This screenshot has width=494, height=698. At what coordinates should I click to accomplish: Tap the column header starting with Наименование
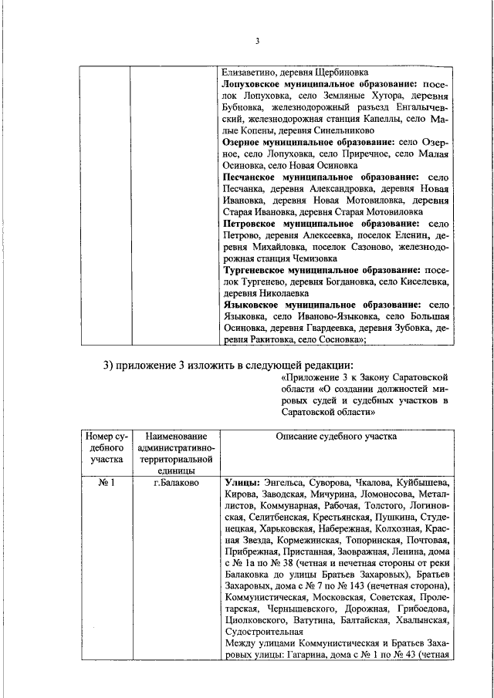(175, 436)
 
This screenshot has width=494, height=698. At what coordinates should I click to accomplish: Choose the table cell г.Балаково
(175, 483)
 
